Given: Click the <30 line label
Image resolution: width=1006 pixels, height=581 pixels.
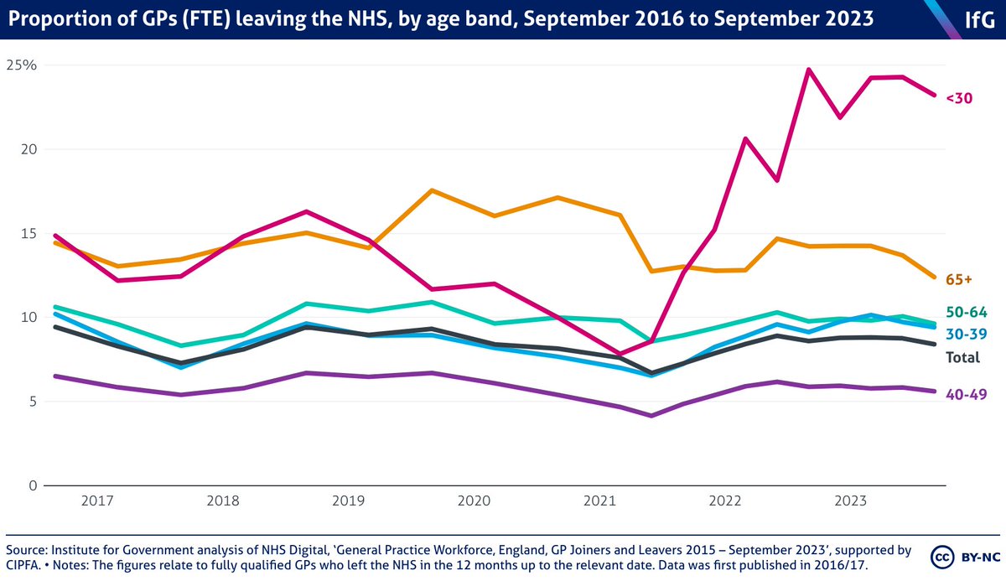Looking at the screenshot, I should [x=959, y=98].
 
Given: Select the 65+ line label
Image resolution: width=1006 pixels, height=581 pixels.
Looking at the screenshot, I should [x=959, y=278].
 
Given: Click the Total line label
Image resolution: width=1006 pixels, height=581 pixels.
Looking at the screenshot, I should [x=962, y=356].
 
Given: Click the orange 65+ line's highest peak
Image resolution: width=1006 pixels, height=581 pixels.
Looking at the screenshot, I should [x=431, y=190].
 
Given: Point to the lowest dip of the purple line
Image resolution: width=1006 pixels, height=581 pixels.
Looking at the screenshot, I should [x=651, y=415].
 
